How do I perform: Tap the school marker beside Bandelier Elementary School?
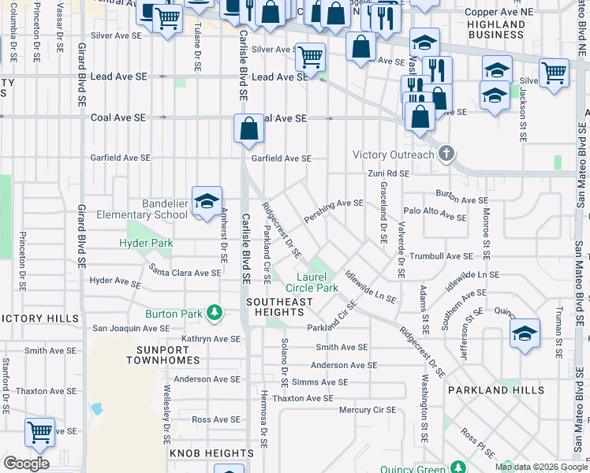[x=207, y=202]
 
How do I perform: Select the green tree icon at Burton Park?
[x=214, y=313]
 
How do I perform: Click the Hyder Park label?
[x=146, y=244]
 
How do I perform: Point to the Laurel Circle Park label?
[x=318, y=282]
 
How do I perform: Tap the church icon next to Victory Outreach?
[x=447, y=154]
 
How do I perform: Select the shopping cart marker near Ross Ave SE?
[x=39, y=432]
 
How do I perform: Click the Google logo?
[x=26, y=464]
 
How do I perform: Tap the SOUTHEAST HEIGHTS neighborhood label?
[x=279, y=307]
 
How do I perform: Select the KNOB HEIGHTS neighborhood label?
[x=202, y=453]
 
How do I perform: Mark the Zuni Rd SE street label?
[x=388, y=173]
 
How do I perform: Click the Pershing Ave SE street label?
[x=333, y=209]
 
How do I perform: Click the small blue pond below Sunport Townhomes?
[x=96, y=409]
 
